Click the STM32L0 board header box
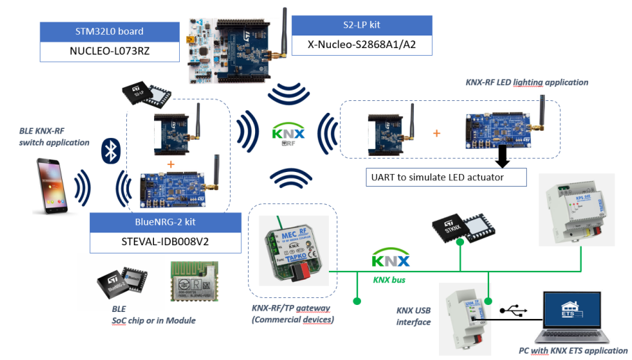click(109, 31)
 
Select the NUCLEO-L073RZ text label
click(109, 51)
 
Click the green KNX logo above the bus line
click(390, 261)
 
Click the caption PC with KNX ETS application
click(573, 350)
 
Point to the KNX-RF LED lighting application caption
click(526, 82)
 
